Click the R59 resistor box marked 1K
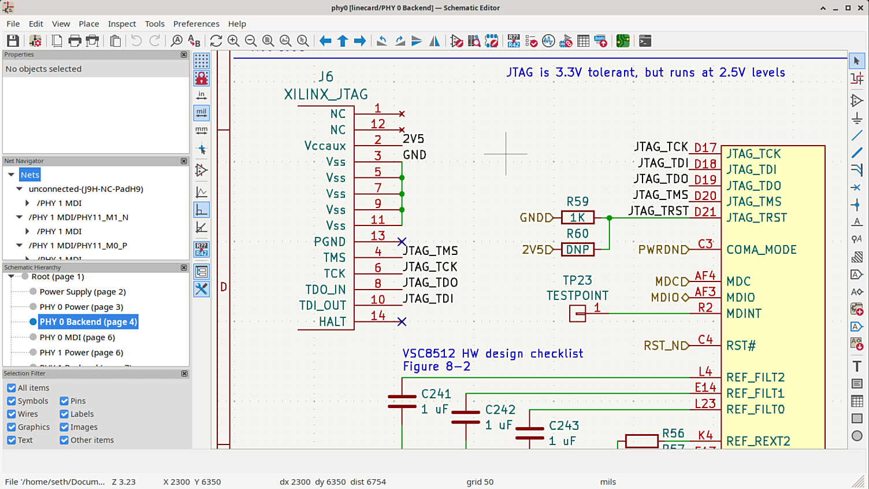tap(577, 218)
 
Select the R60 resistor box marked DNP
tap(577, 250)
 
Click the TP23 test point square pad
tap(577, 313)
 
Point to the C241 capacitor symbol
tap(402, 402)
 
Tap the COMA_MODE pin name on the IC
tap(761, 250)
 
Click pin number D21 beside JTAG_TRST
tap(705, 212)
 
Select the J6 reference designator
tap(326, 77)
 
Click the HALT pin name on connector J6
tap(332, 322)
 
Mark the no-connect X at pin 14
tap(402, 321)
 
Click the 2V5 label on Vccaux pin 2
tap(414, 139)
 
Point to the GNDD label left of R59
tap(536, 218)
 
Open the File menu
tap(13, 24)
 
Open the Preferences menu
tap(196, 24)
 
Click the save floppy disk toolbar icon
tap(13, 41)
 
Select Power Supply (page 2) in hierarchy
tap(82, 292)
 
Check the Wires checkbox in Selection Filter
tap(12, 414)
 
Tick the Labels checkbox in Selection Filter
tap(64, 414)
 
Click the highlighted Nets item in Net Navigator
tap(29, 175)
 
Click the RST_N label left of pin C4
tap(665, 346)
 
